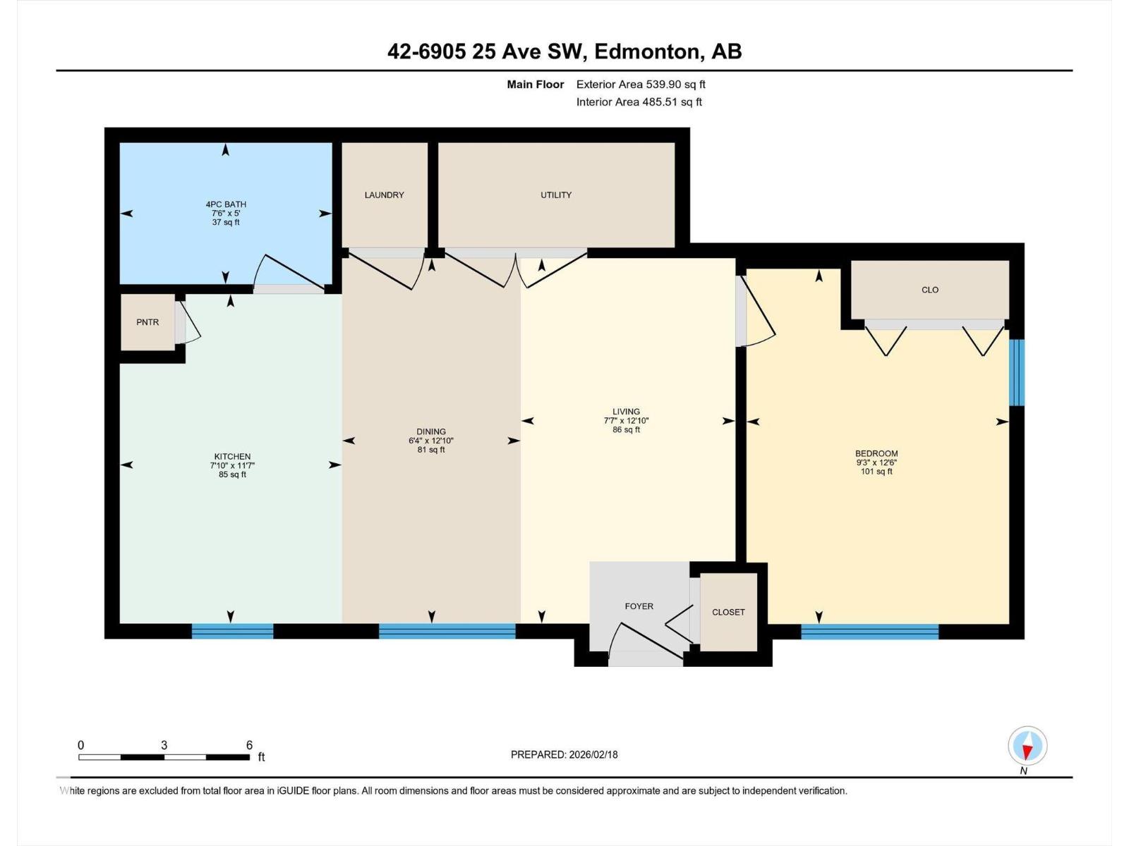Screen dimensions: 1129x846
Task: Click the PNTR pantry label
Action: click(x=147, y=322)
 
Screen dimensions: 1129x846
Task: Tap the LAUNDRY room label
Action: click(x=385, y=195)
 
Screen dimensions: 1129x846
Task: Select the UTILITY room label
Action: click(x=555, y=195)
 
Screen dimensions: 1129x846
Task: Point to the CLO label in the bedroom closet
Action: click(x=929, y=290)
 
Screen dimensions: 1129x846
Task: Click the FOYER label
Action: click(x=639, y=606)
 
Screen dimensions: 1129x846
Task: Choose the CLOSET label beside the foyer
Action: click(x=727, y=612)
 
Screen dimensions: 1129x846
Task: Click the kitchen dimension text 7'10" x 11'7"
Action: click(x=232, y=465)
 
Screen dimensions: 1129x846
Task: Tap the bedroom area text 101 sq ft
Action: click(x=876, y=471)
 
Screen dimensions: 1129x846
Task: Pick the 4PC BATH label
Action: click(x=226, y=204)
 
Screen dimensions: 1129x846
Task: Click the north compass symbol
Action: click(x=1027, y=746)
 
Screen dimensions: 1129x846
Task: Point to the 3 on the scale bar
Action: click(x=164, y=744)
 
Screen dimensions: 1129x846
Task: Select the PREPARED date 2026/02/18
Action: click(x=593, y=754)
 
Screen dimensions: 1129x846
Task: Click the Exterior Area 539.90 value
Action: click(x=667, y=84)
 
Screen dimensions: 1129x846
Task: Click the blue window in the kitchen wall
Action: click(x=232, y=631)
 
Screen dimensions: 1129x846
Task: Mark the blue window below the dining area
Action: click(x=447, y=631)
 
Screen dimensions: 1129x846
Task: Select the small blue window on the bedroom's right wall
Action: click(x=1016, y=372)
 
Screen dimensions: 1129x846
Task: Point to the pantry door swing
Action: click(x=188, y=322)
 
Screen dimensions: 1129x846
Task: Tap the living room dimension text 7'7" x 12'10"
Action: click(x=626, y=421)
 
